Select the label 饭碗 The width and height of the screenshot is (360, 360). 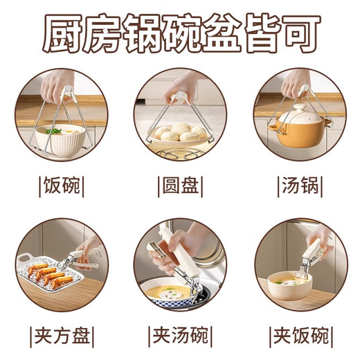pyautogui.click(x=62, y=186)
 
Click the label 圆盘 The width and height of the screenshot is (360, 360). pyautogui.click(x=179, y=186)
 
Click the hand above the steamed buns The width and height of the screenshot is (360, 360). pyautogui.click(x=181, y=87)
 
